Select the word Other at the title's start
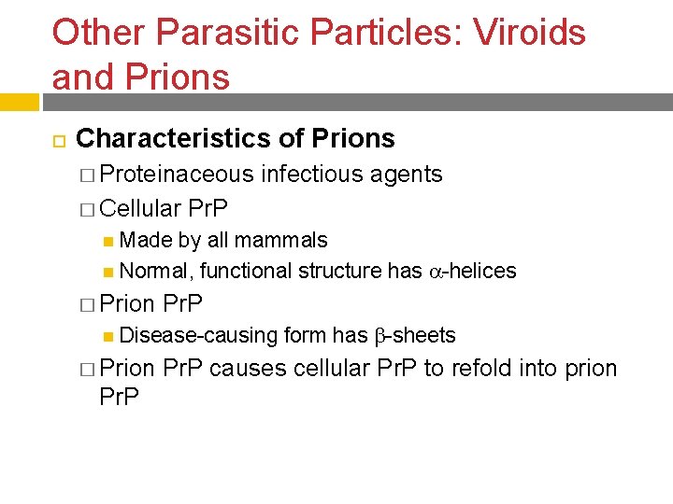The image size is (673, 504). point(99,33)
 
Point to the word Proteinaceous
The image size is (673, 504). point(177,174)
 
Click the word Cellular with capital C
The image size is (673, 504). point(142,207)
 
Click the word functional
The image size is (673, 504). point(245,271)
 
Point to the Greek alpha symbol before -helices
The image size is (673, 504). point(435,272)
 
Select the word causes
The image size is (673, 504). point(248,369)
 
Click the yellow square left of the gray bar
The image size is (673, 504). point(19,102)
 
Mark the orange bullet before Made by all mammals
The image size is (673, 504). point(109,241)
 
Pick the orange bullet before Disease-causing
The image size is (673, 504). point(109,336)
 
